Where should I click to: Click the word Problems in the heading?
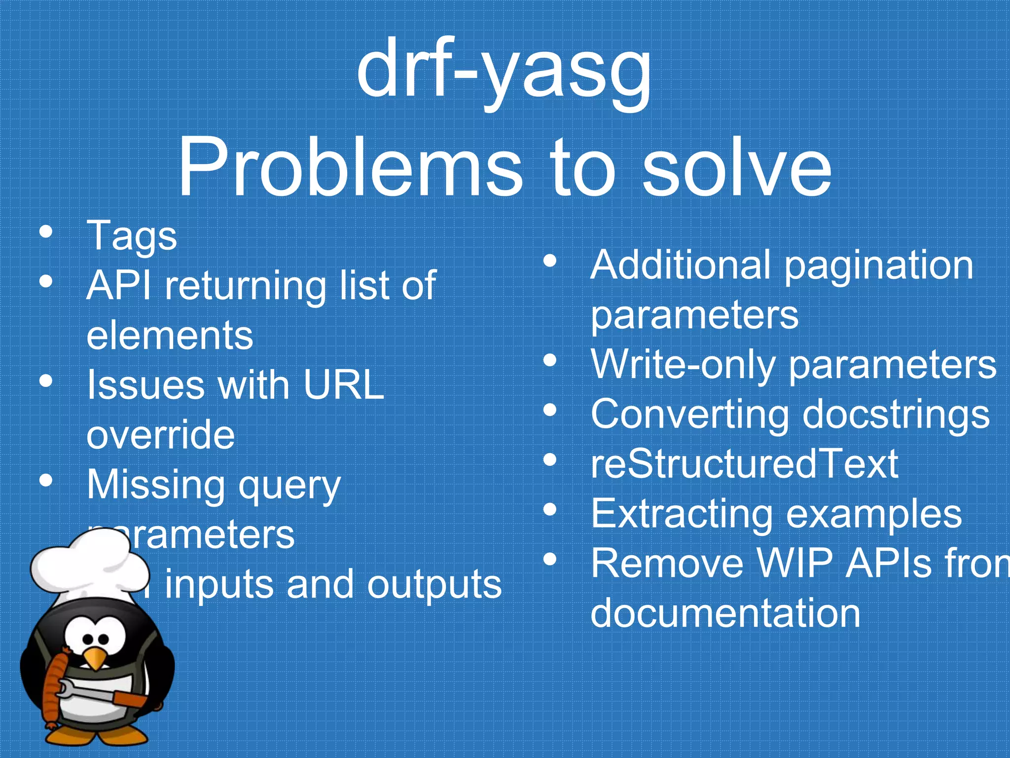[x=349, y=168]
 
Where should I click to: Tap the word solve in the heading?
[x=737, y=168]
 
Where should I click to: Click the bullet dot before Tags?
[x=46, y=232]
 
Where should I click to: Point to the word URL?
[x=343, y=385]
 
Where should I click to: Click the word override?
[x=161, y=435]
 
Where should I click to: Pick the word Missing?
[x=156, y=485]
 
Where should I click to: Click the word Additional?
[x=680, y=265]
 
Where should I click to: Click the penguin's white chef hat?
[x=89, y=568]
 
